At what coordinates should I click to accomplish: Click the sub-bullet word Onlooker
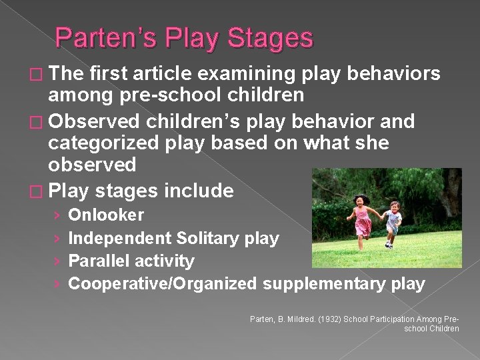(106, 215)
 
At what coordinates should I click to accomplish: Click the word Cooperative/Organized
(162, 284)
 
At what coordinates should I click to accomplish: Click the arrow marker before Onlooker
(57, 215)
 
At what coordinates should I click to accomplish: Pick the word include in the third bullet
(198, 191)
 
